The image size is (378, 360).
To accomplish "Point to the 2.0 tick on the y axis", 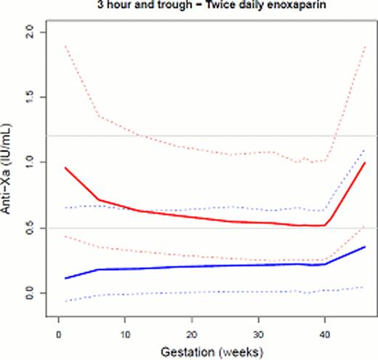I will [29, 32].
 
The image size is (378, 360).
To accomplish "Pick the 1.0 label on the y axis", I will [29, 162].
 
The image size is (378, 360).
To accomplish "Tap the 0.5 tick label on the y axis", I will [29, 228].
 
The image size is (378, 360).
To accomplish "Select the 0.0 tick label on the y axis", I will [29, 293].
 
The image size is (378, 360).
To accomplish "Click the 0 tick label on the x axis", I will [58, 334].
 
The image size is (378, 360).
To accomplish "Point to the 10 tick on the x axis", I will [124, 334].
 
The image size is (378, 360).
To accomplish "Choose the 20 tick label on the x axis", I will [191, 334].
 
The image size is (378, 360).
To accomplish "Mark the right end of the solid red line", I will [365, 163].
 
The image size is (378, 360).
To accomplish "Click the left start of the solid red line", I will [65, 168].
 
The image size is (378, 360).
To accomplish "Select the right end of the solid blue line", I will [365, 247].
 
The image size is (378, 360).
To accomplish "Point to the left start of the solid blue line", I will [65, 279].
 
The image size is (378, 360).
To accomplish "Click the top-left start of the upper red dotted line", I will [65, 46].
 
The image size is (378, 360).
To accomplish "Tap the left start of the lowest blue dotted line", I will [65, 300].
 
